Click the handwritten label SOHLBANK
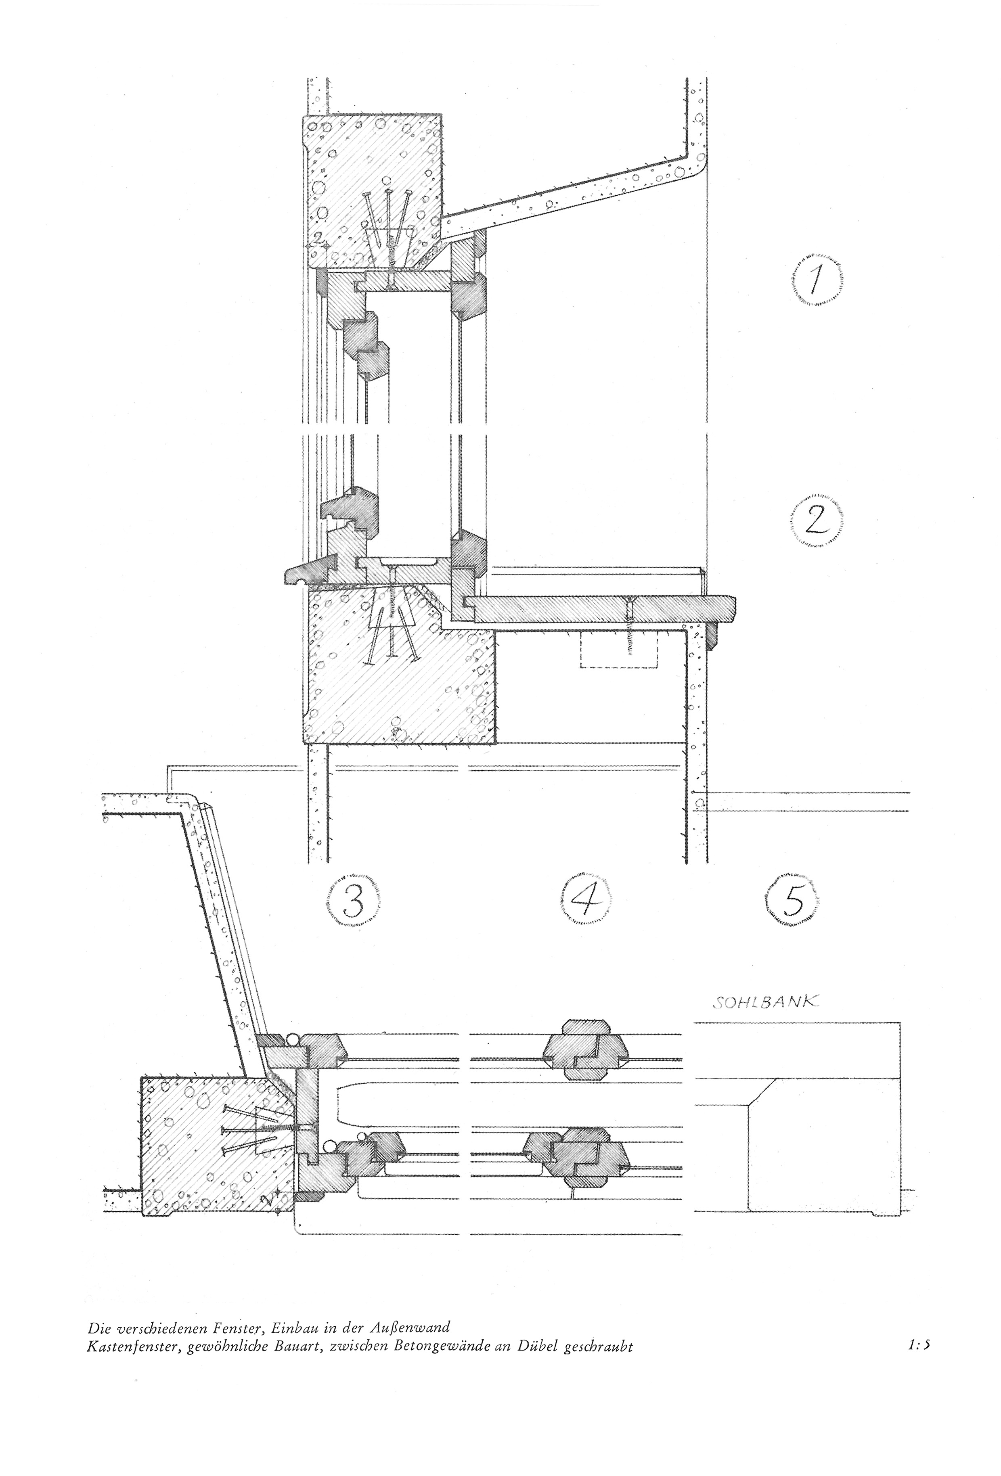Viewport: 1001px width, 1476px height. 766,1003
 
